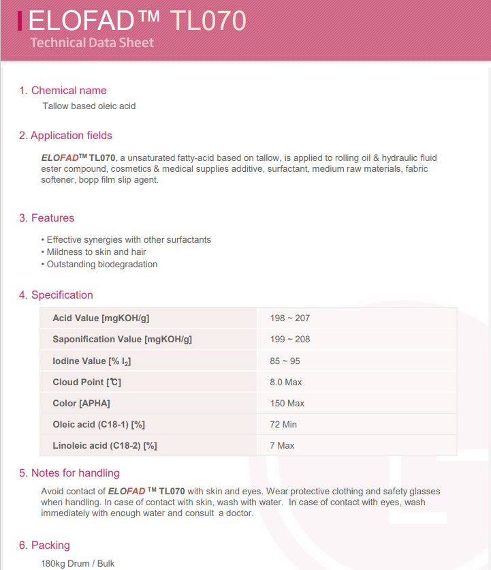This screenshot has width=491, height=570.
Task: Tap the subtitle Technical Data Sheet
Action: (93, 43)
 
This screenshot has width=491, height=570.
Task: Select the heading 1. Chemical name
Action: (63, 91)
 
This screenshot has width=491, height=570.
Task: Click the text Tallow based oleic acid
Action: (89, 106)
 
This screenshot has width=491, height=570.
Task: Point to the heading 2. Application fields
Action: (65, 136)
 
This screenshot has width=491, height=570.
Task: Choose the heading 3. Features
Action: (46, 218)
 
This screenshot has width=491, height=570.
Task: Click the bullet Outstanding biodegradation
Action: (101, 265)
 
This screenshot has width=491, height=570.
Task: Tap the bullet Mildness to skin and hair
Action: (96, 252)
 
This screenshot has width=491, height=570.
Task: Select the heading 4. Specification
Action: (56, 295)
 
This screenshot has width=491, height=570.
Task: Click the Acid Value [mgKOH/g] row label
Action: (101, 318)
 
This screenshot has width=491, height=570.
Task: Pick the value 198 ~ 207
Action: (290, 318)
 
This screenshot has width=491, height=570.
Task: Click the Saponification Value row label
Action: (122, 340)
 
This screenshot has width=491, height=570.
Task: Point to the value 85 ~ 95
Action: (285, 361)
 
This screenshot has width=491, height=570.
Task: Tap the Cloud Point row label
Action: (86, 382)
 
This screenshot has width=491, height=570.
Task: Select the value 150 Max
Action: (287, 403)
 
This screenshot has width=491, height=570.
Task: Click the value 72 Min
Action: (283, 424)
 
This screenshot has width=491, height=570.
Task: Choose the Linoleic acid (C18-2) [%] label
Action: (105, 445)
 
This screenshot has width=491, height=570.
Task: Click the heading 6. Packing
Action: (44, 545)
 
